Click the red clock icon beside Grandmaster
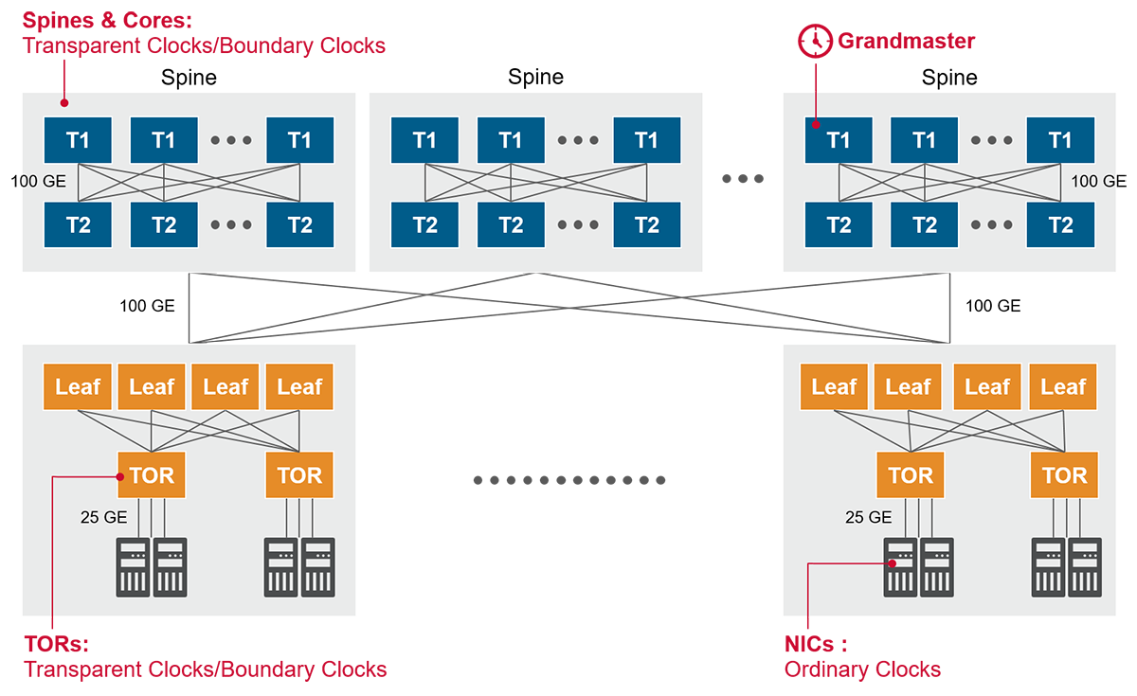pyautogui.click(x=813, y=42)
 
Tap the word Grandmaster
pyautogui.click(x=906, y=42)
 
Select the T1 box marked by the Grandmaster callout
pyautogui.click(x=839, y=141)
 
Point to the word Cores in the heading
pyautogui.click(x=152, y=20)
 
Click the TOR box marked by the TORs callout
pyautogui.click(x=152, y=474)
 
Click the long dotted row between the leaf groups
pyautogui.click(x=568, y=480)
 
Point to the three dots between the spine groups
pyautogui.click(x=743, y=179)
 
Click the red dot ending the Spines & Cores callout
pyautogui.click(x=64, y=102)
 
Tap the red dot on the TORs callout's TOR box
pyautogui.click(x=120, y=476)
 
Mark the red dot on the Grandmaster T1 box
pyautogui.click(x=815, y=122)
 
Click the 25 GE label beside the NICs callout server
pyautogui.click(x=868, y=518)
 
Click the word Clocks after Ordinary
pyautogui.click(x=904, y=669)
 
